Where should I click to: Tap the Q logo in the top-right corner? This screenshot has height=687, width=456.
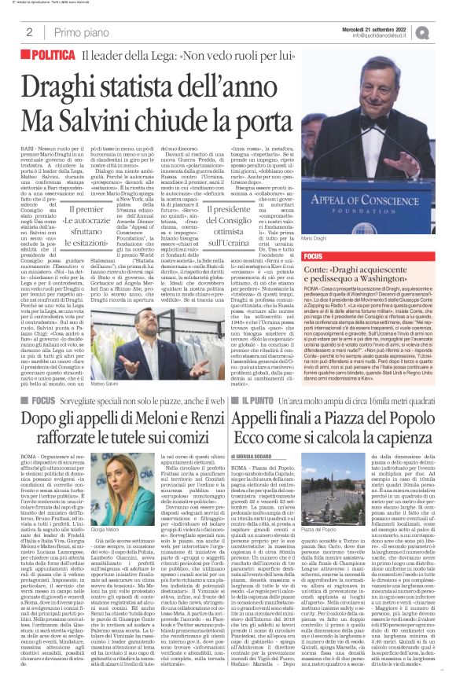coord(445,31)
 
